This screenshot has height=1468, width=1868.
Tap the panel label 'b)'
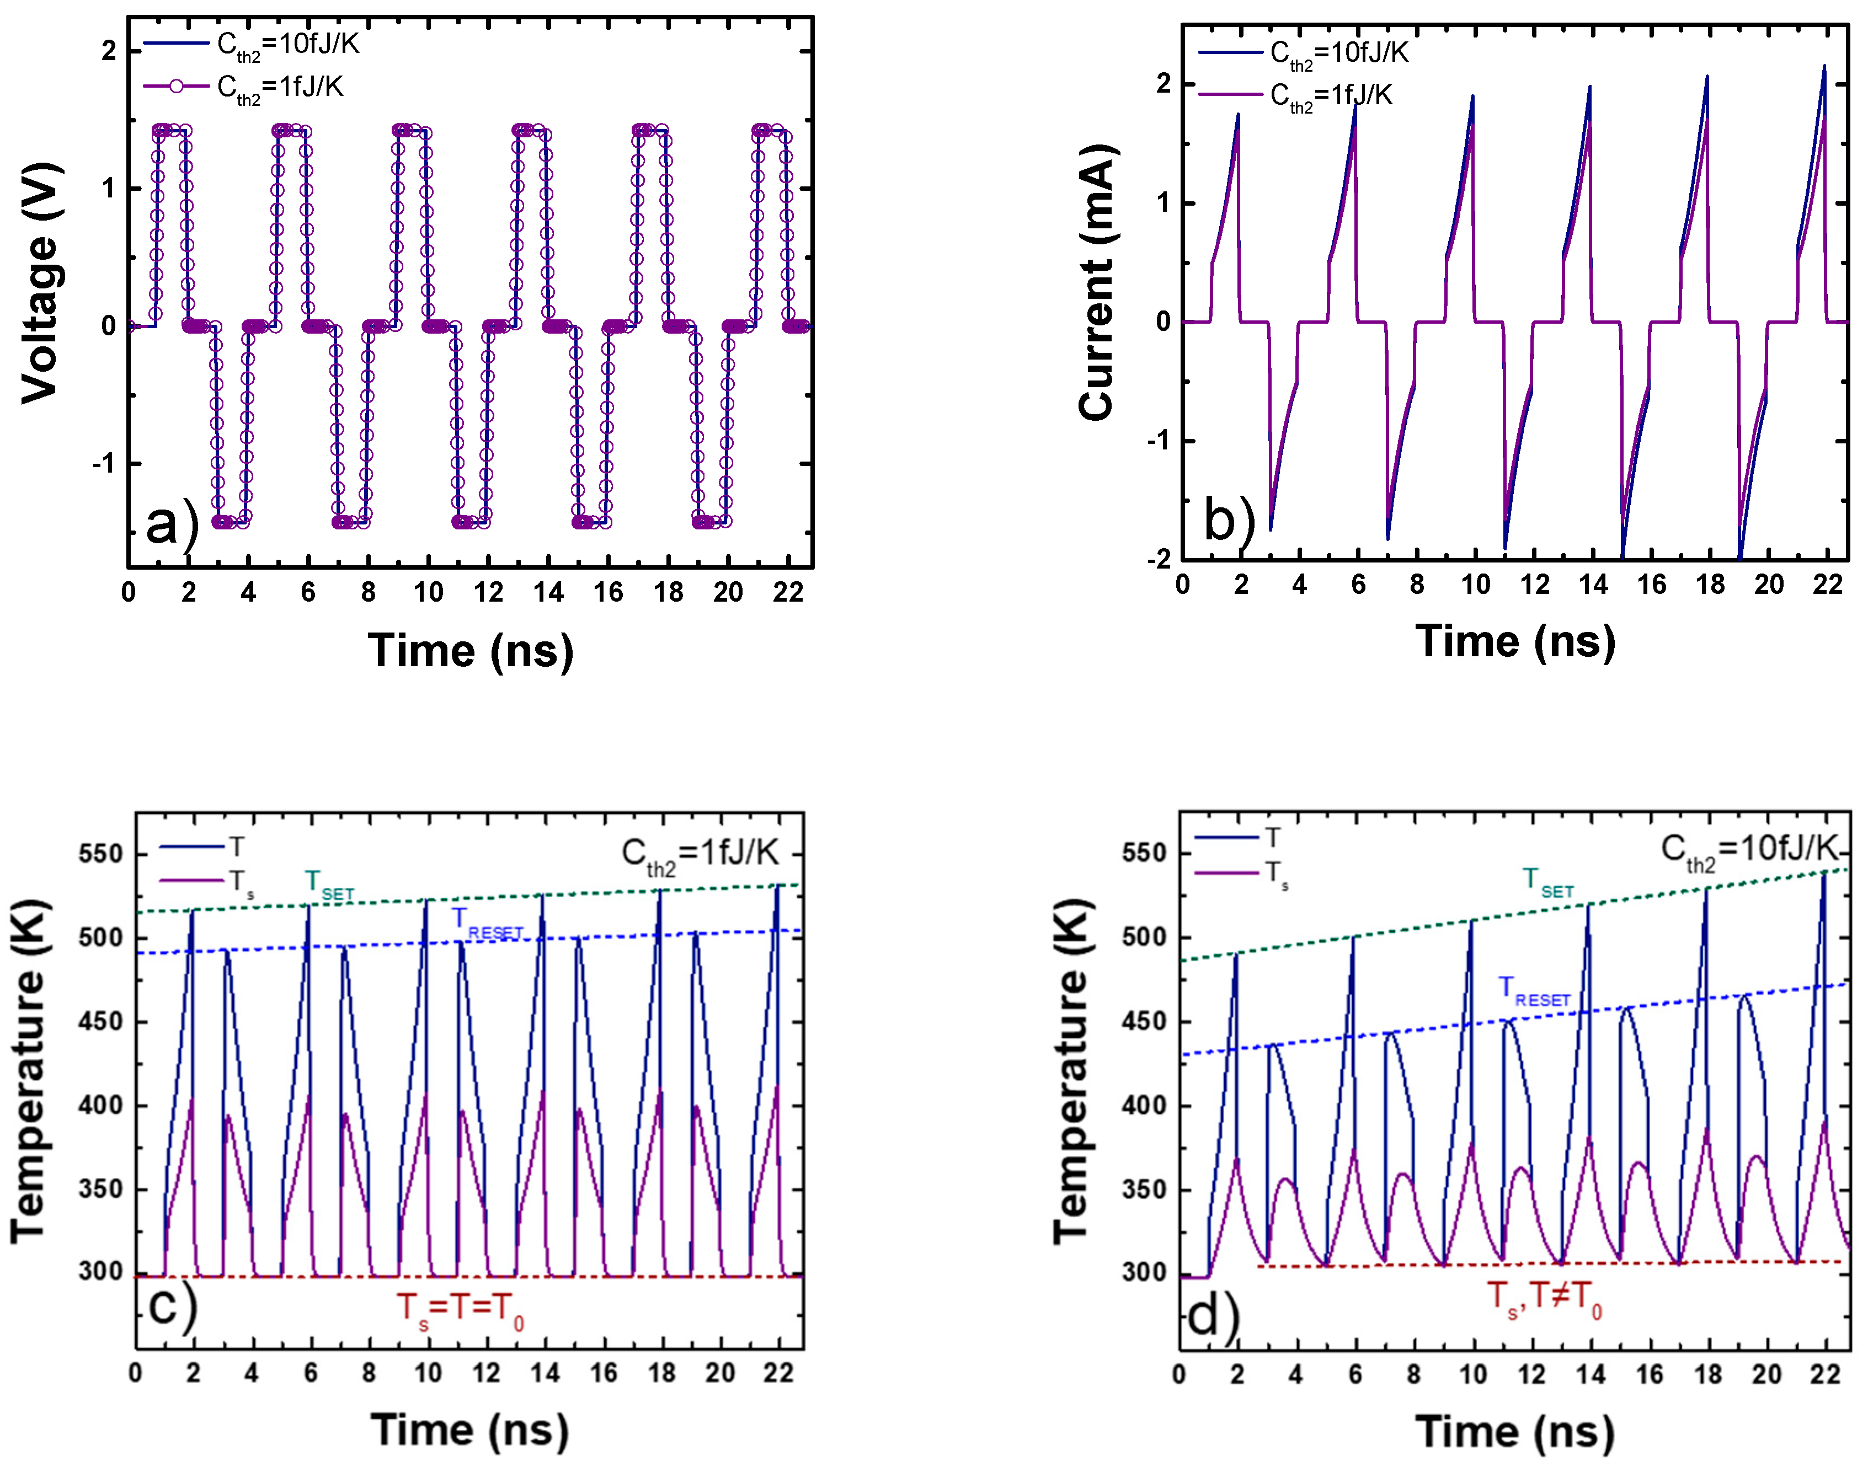[1229, 520]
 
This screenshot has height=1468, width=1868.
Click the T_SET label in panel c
[328, 883]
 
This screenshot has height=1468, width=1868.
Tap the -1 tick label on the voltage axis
[103, 464]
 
